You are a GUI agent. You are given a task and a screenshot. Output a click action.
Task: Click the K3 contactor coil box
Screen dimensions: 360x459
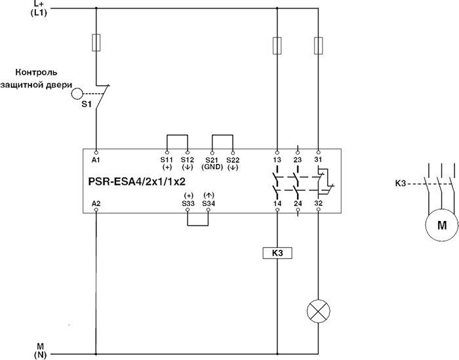coord(277,252)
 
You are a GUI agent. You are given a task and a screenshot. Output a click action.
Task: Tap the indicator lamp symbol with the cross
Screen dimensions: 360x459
coord(318,312)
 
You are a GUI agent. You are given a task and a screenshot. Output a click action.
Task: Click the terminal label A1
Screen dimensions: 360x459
coord(97,159)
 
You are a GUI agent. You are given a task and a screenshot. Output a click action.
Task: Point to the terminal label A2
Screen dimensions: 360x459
coord(97,204)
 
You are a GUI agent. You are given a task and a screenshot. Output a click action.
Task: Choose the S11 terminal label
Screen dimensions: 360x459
coord(167,159)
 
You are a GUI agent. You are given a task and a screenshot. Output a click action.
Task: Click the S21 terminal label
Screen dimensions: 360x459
coord(211,159)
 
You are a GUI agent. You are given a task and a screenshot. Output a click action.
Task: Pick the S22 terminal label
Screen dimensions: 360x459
coord(232,159)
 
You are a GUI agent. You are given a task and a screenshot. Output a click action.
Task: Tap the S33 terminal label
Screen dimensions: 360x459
coord(188,203)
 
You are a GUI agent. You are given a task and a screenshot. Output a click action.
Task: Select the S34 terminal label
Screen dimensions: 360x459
coord(209,203)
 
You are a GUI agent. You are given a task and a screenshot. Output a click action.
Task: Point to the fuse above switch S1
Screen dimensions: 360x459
coord(97,43)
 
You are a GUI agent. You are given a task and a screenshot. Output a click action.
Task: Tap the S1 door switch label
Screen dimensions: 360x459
coord(86,104)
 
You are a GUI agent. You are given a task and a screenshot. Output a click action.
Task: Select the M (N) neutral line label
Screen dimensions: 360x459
coord(39,349)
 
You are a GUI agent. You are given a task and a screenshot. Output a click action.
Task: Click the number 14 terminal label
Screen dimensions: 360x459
coord(277,204)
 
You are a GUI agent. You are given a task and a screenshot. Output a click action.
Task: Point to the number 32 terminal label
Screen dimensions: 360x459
coord(318,204)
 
